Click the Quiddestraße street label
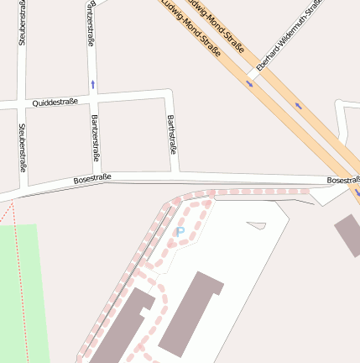(x=55, y=102)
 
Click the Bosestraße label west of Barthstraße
(x=92, y=179)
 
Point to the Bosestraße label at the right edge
(x=343, y=180)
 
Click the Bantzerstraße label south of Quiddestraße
(x=95, y=137)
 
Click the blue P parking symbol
(x=179, y=231)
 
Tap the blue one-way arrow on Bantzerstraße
(x=92, y=84)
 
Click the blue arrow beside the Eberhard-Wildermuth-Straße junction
(x=249, y=83)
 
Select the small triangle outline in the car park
(x=256, y=225)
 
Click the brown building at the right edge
(x=347, y=234)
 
